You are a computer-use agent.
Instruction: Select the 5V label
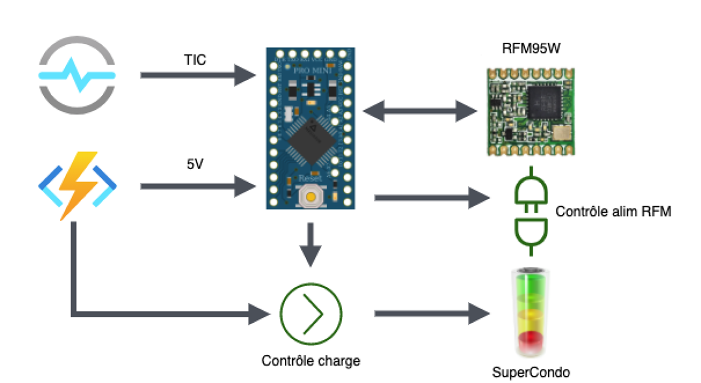pyautogui.click(x=195, y=164)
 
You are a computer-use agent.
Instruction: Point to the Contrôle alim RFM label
pyautogui.click(x=613, y=212)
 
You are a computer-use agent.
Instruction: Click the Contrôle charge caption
pyautogui.click(x=311, y=361)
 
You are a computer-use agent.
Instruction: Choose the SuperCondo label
pyautogui.click(x=531, y=373)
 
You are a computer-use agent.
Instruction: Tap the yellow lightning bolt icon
pyautogui.click(x=77, y=185)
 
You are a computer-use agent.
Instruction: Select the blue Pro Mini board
pyautogui.click(x=311, y=128)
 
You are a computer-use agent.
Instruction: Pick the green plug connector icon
pyautogui.click(x=532, y=212)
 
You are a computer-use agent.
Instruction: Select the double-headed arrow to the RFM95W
pyautogui.click(x=420, y=111)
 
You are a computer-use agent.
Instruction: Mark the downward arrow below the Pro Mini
pyautogui.click(x=311, y=244)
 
